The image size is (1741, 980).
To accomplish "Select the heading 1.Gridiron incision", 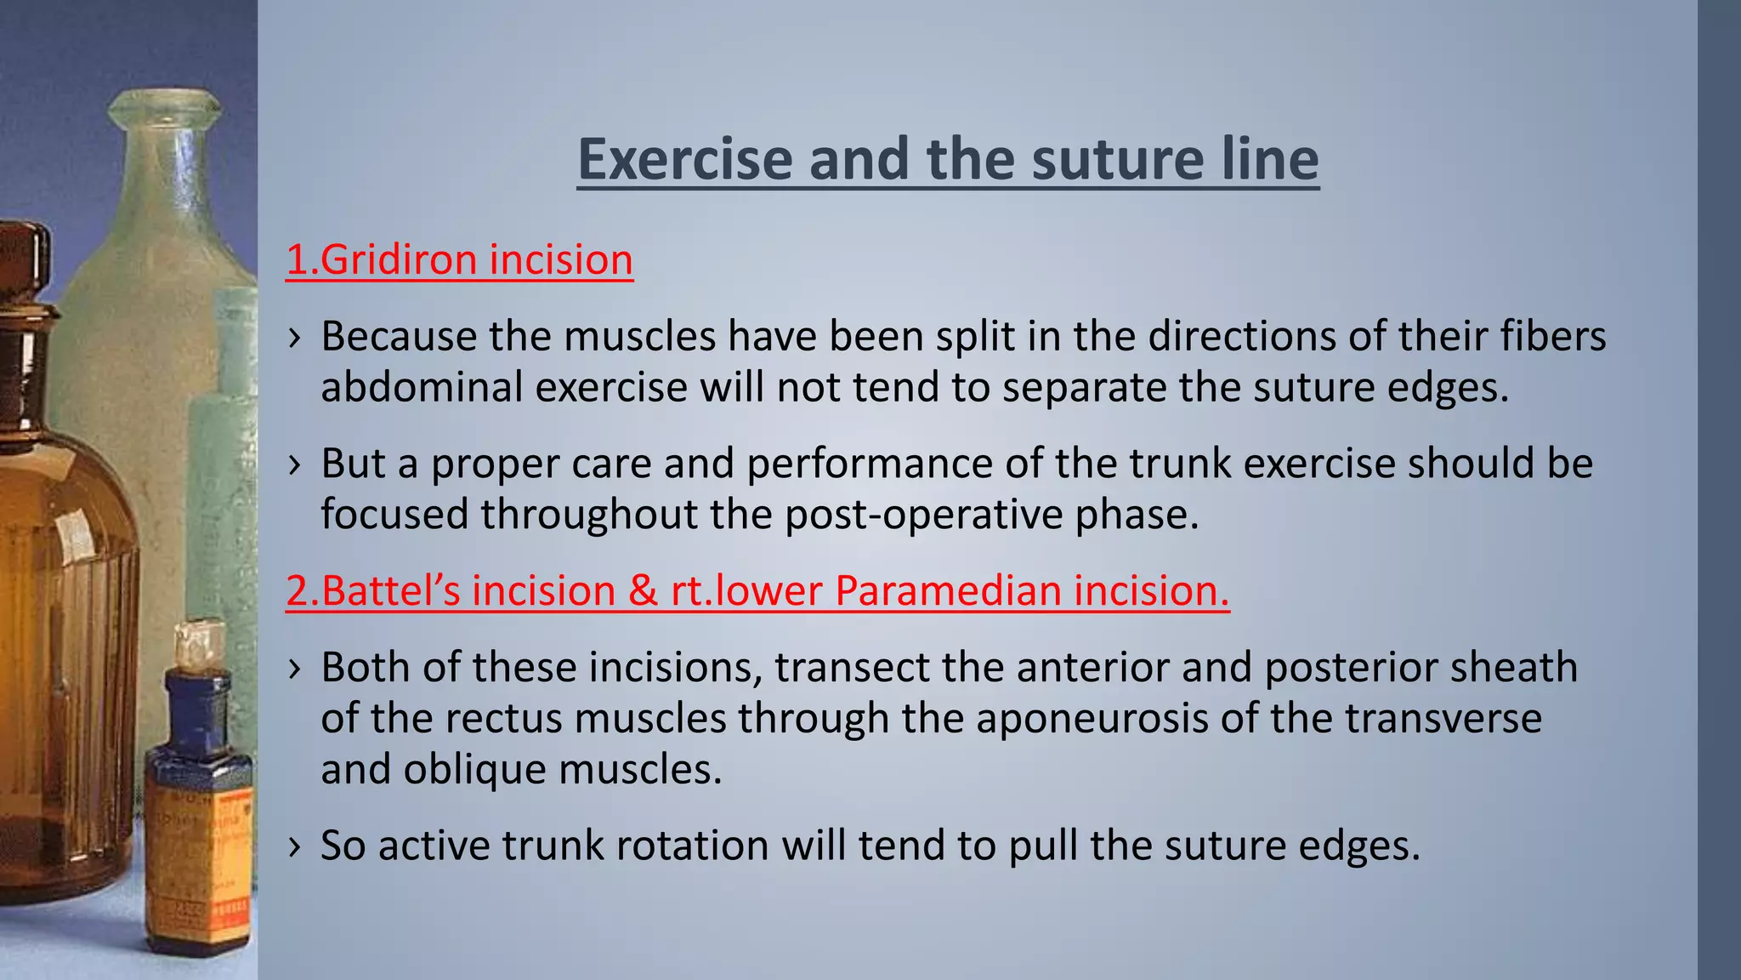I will [x=459, y=260].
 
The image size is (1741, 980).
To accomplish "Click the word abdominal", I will [x=421, y=388].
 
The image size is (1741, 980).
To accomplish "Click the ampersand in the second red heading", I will [x=643, y=591].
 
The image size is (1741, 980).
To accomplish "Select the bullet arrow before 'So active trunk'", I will [x=294, y=846].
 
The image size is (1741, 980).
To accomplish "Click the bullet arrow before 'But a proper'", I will [x=294, y=464].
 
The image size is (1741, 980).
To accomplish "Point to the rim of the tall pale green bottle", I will [x=165, y=106].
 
